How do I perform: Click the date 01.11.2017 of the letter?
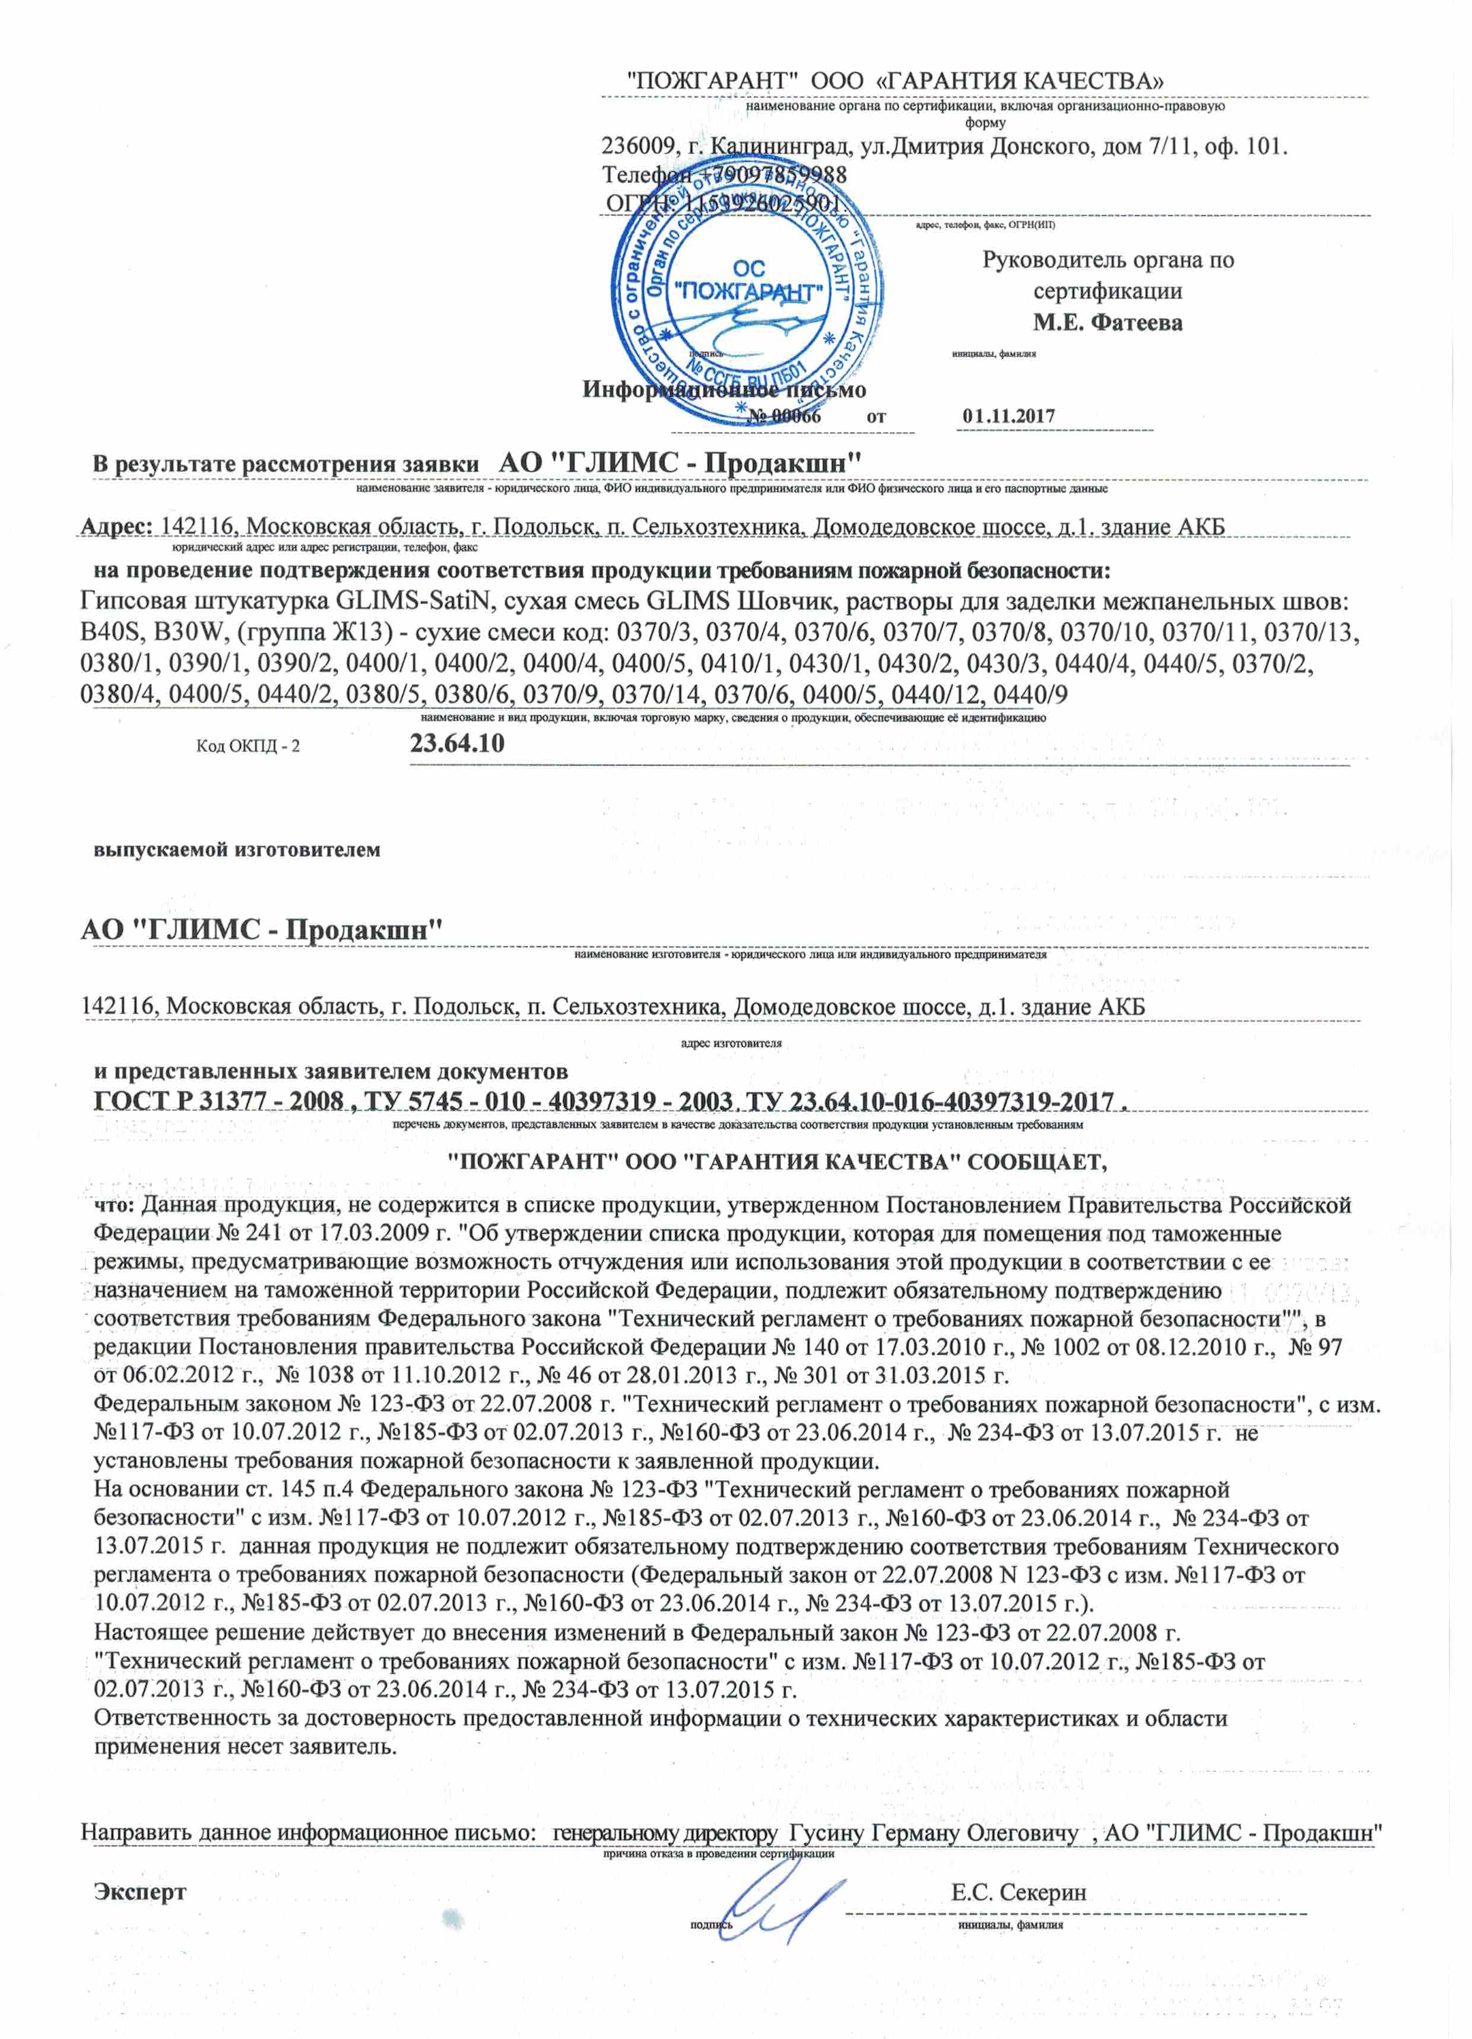(x=1008, y=416)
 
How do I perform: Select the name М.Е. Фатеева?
(x=1107, y=323)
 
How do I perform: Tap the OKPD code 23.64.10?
(x=457, y=744)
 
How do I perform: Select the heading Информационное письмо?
(x=724, y=389)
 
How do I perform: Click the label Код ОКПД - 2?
(x=248, y=746)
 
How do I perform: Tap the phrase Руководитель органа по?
(x=1107, y=261)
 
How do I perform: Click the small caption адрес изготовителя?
(x=731, y=1044)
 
